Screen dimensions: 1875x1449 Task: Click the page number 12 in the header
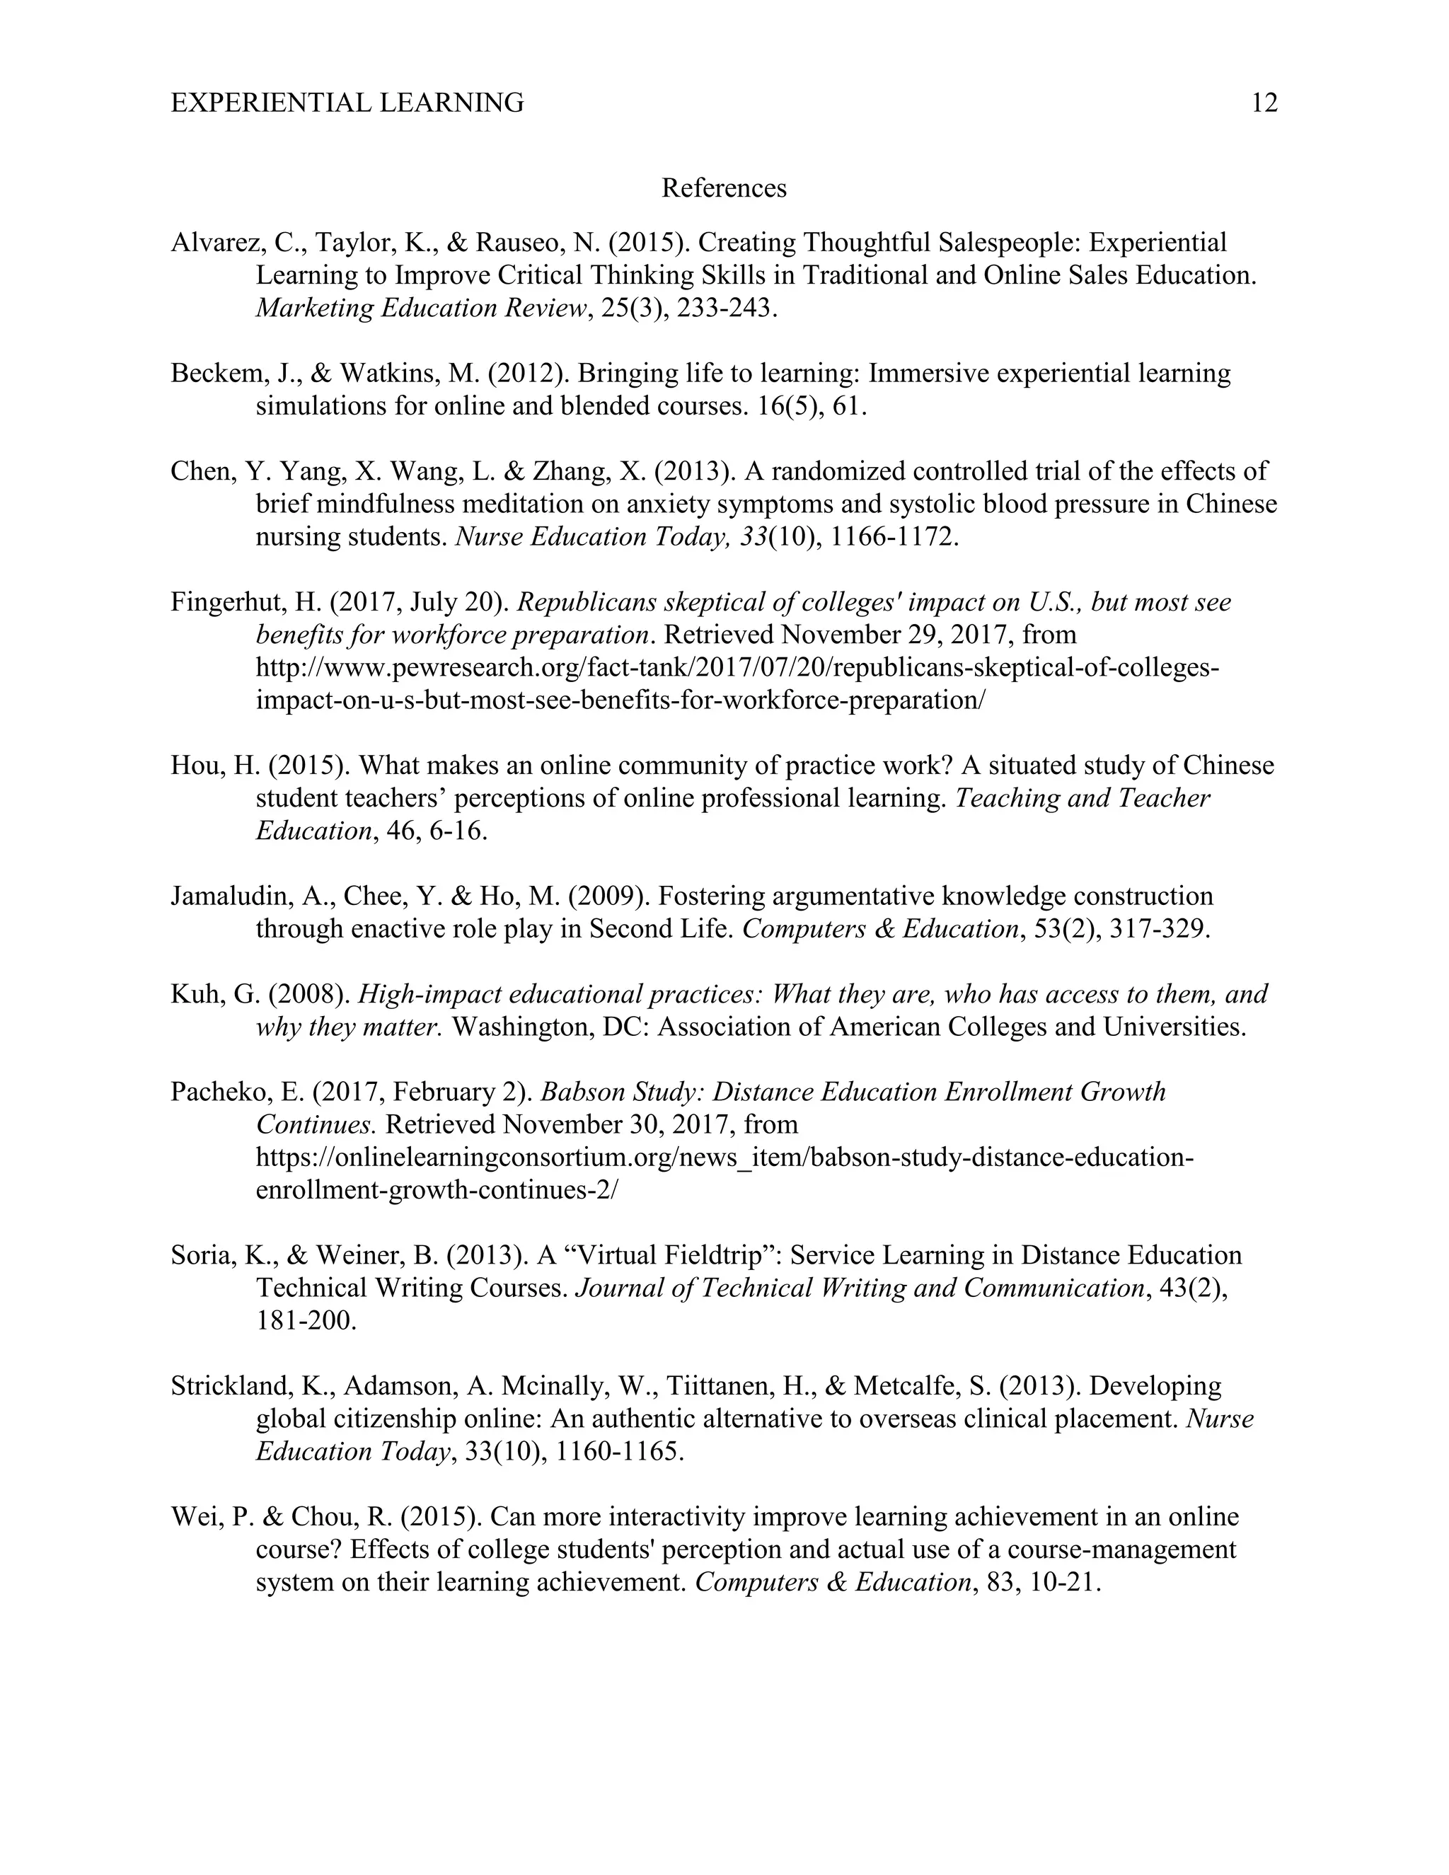tap(1264, 103)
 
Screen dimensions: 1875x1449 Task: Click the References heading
tap(724, 188)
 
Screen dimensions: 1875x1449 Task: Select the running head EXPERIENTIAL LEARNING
tap(347, 103)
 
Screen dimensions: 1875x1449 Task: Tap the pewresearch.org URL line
tap(737, 668)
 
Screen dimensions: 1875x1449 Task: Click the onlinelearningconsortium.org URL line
tap(724, 1158)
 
